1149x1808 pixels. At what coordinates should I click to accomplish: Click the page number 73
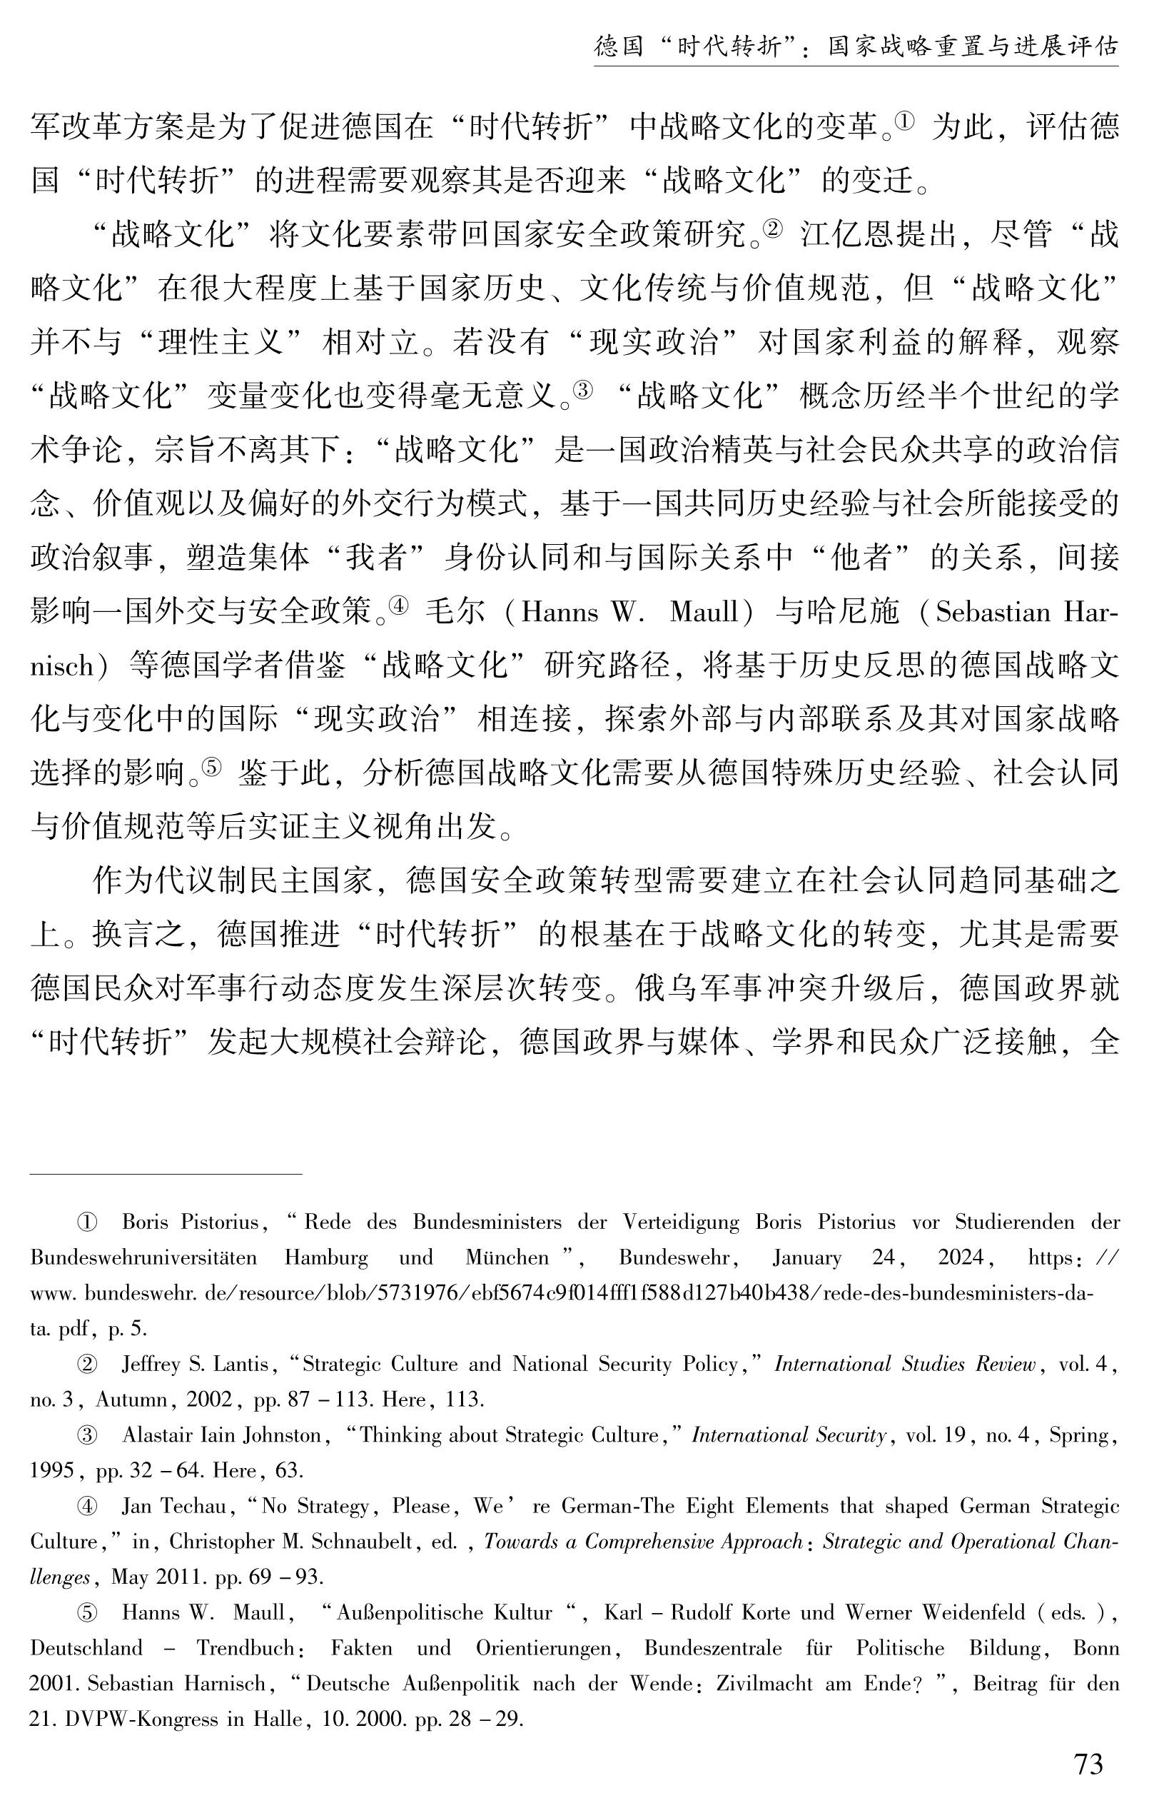(1088, 1763)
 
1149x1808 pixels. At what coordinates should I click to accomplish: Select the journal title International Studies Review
(905, 1365)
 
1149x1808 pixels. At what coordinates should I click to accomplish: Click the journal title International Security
(789, 1435)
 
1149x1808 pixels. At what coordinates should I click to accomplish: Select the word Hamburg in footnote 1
(326, 1257)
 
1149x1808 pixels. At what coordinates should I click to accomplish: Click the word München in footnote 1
(507, 1257)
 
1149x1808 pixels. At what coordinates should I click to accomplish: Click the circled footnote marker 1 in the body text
(904, 120)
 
